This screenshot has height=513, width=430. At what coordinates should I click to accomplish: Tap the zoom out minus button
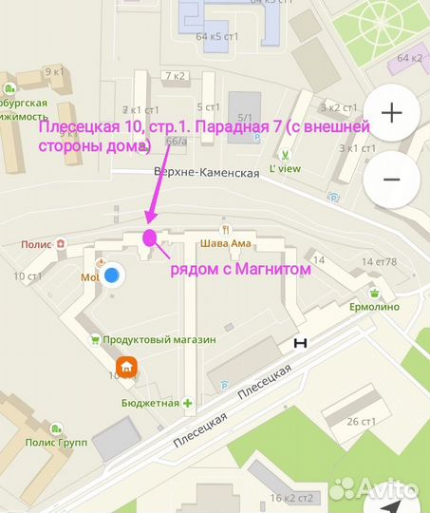pos(392,179)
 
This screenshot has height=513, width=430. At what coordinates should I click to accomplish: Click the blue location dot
pos(112,275)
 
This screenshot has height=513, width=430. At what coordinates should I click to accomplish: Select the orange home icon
pos(125,366)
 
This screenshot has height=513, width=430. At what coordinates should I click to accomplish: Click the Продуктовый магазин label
pos(159,339)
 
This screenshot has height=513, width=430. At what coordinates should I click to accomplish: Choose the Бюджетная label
pos(150,403)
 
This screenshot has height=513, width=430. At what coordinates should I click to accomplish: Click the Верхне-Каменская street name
pos(206,173)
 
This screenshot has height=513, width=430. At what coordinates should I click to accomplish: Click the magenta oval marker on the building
pos(149,237)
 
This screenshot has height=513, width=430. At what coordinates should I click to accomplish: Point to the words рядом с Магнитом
pos(240,271)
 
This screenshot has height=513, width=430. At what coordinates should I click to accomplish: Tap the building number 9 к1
pos(53,71)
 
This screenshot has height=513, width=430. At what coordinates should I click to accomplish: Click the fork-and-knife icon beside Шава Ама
pos(226,228)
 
